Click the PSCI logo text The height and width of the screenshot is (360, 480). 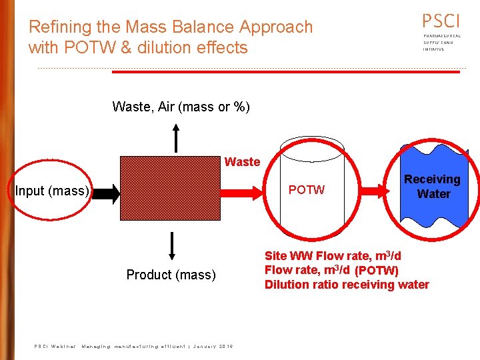[441, 21]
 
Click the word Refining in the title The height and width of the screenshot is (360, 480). [55, 27]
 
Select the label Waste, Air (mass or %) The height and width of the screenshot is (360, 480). [181, 107]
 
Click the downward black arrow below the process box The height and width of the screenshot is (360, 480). [172, 245]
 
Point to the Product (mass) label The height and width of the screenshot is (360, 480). [171, 275]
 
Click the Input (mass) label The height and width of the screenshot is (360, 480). [52, 191]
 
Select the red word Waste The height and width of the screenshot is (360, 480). [242, 162]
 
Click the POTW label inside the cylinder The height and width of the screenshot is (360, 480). [307, 190]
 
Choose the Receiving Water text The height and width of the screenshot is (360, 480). [433, 187]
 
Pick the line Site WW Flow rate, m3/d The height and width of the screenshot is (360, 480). [333, 256]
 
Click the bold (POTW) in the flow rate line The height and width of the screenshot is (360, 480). [377, 271]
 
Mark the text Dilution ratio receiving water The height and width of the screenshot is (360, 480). [347, 285]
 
